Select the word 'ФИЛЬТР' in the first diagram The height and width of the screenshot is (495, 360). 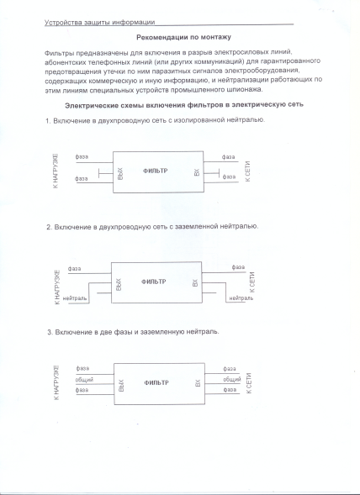click(x=155, y=171)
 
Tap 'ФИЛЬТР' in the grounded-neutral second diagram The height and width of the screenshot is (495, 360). click(x=155, y=282)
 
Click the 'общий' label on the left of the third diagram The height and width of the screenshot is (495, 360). click(x=84, y=380)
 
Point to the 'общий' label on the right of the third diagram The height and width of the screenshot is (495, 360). click(x=231, y=380)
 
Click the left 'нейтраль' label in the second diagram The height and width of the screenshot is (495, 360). click(x=76, y=298)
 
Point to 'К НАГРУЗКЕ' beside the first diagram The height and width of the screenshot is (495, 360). click(x=56, y=173)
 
